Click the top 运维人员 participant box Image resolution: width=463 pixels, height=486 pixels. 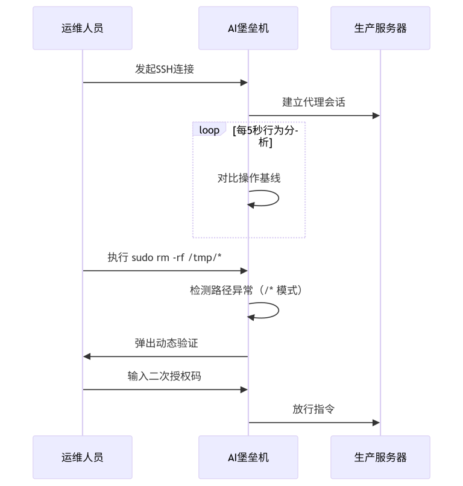tap(82, 28)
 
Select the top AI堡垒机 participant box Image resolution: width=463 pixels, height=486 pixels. tap(248, 28)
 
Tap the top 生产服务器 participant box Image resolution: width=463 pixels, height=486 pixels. tap(380, 28)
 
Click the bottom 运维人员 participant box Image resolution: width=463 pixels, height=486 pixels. tap(82, 457)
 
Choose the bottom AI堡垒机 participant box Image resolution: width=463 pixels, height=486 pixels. tap(248, 457)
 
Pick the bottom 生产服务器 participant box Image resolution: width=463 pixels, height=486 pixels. tap(380, 457)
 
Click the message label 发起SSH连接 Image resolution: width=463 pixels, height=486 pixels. tap(165, 69)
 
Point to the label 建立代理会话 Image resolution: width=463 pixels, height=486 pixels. tap(313, 102)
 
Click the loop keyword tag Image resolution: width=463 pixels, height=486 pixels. tap(209, 130)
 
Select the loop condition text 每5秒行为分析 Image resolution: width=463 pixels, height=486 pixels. tap(269, 136)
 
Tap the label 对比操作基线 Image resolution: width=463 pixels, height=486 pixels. tap(248, 178)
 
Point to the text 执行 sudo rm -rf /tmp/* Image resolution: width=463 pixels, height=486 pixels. tap(165, 257)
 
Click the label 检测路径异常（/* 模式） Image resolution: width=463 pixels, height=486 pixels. tap(248, 290)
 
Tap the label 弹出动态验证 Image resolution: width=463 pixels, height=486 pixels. tap(166, 343)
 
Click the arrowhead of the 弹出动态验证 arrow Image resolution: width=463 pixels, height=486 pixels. tap(87, 356)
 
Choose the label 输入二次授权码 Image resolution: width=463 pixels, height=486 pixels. tap(165, 376)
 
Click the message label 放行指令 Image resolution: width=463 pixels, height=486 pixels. tap(313, 409)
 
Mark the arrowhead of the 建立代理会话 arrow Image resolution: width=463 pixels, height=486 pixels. tap(376, 115)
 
